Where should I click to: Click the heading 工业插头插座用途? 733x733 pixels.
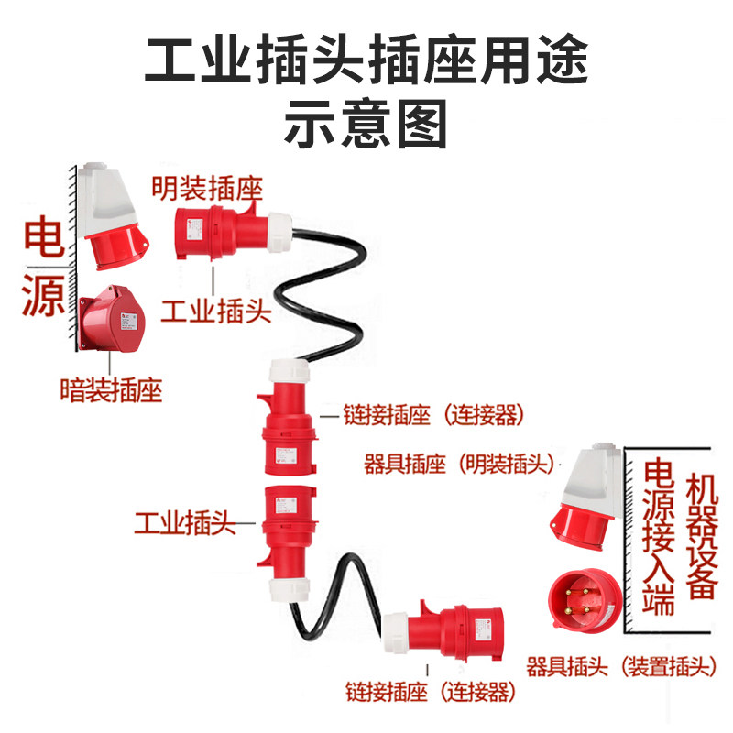[366, 61]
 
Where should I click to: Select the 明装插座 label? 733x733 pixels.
[207, 190]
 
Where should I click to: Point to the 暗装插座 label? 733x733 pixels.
[110, 391]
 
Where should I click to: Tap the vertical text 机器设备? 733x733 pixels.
[701, 537]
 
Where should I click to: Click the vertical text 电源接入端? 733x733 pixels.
[659, 537]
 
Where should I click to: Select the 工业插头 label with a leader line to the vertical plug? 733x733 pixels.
[184, 524]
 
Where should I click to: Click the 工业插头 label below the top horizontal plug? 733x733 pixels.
[215, 312]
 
